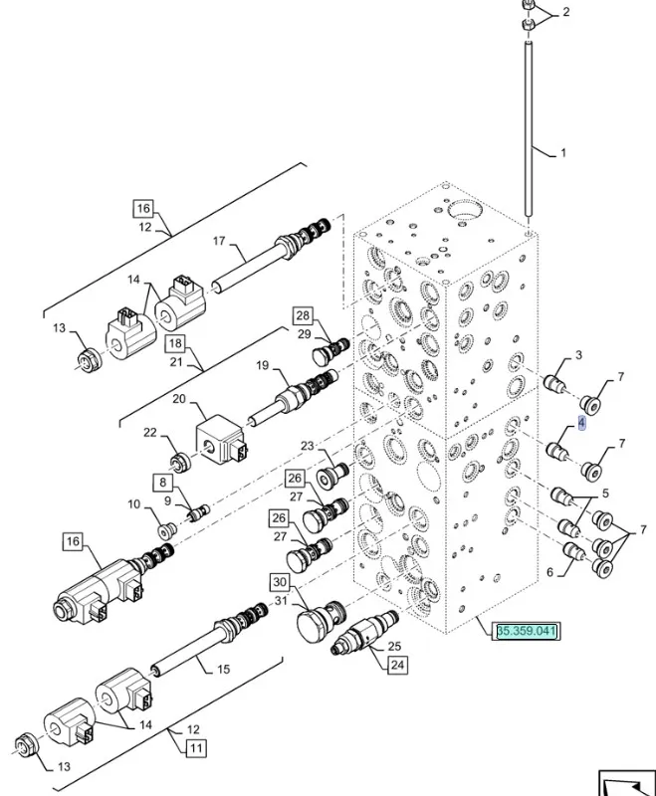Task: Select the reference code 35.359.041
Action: point(528,631)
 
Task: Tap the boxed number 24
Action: point(397,666)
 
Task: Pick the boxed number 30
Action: point(280,582)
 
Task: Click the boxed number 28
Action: point(303,315)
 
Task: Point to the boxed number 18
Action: point(175,343)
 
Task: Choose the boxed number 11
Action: point(194,747)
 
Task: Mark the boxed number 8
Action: point(161,483)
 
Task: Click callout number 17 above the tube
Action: point(220,240)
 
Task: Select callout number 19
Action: point(263,366)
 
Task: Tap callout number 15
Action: point(223,669)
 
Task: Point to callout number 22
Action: point(150,432)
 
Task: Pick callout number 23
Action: point(307,446)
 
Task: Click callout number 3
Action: point(578,355)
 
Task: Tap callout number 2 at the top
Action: point(565,12)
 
